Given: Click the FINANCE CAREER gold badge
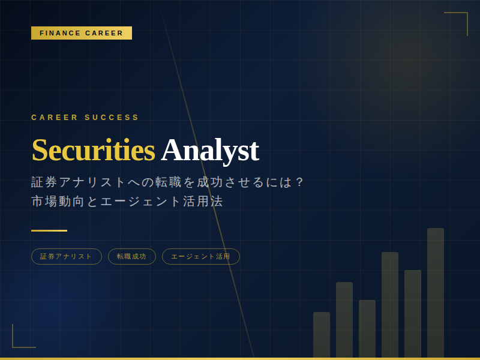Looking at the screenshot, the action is coord(82,33).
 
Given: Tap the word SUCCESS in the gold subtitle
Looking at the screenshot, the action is coord(112,117).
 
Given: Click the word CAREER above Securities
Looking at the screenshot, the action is coord(55,117).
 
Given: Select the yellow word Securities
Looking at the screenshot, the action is coord(94,150).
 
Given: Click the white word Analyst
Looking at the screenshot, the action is coord(210,151).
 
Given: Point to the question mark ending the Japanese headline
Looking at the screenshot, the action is coord(300,182).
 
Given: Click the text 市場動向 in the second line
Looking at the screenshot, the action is coord(58,202).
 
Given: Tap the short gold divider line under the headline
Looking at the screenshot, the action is coord(49,230).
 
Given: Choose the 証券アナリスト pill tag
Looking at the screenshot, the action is coord(67,257).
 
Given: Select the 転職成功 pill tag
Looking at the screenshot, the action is coord(132,257).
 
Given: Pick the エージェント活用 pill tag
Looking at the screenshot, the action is coord(201,257).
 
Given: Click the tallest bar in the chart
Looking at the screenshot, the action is coord(436,293).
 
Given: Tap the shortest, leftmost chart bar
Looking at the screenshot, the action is coord(322,335).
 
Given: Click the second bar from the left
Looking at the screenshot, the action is coord(344,320).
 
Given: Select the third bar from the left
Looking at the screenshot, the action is coord(367,329).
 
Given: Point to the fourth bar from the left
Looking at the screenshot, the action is coord(390,305).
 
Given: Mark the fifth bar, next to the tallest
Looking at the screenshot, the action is coord(413,314).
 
